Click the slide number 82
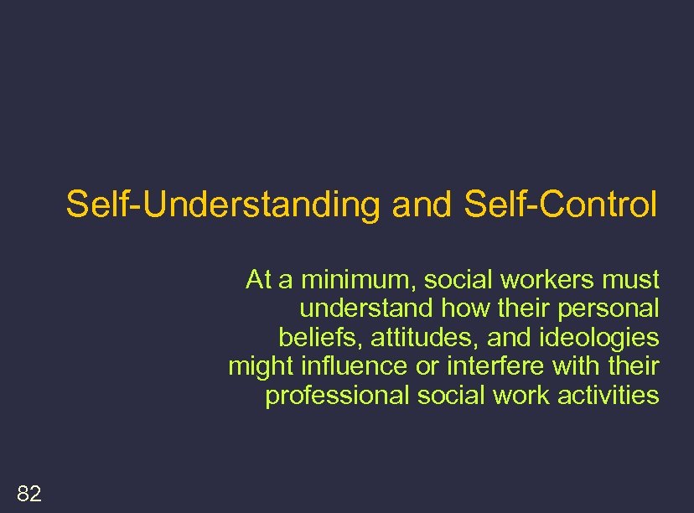pos(28,494)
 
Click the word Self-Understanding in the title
pos(223,204)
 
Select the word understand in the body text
pos(365,308)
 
